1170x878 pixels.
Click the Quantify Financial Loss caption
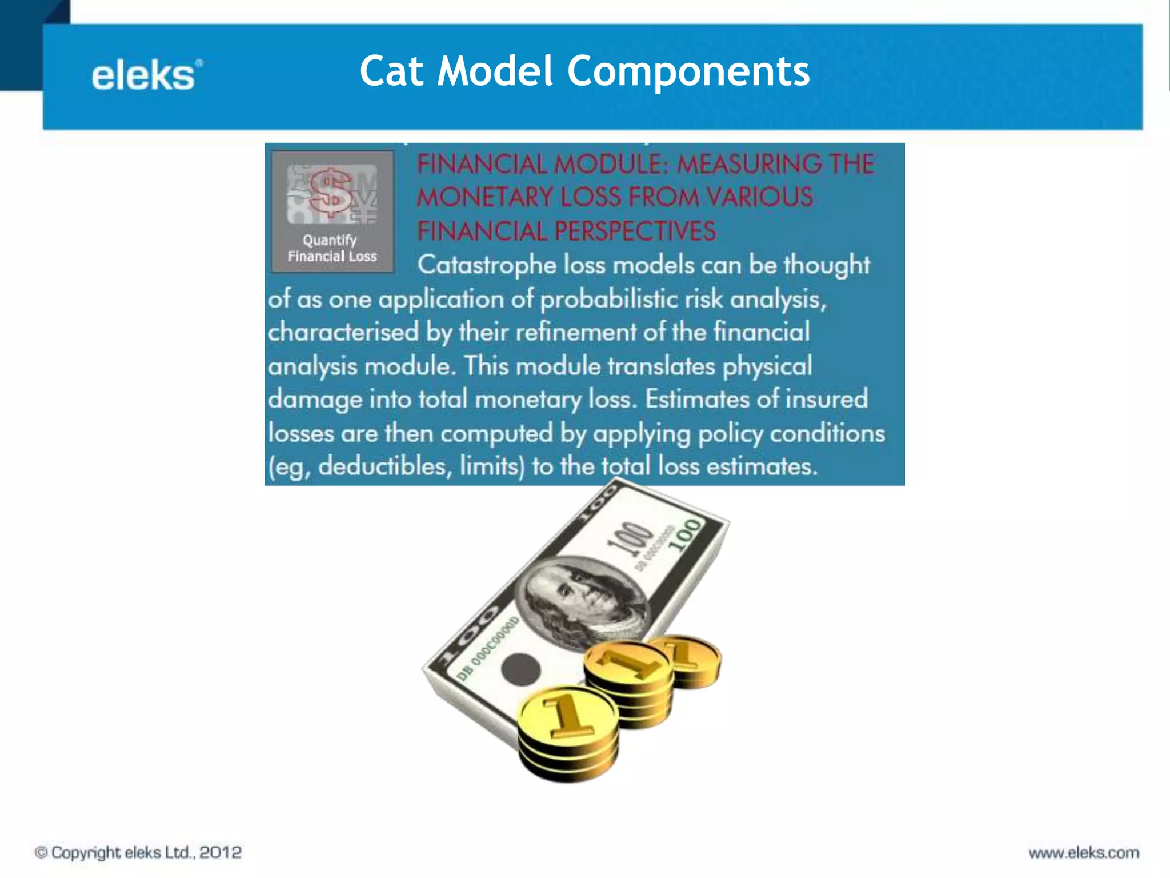[332, 248]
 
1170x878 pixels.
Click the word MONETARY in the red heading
[485, 198]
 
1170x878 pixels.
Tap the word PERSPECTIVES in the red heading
[635, 232]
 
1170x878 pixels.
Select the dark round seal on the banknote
[520, 668]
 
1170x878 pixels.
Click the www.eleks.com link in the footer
[1084, 853]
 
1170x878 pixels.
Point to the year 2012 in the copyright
[221, 852]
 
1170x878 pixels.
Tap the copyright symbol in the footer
[41, 852]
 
